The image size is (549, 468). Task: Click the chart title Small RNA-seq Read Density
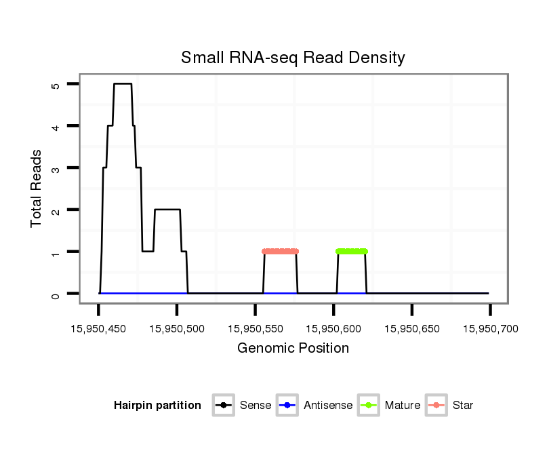(x=293, y=58)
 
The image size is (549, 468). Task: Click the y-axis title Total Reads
(x=37, y=189)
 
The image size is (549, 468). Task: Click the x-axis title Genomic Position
(x=293, y=349)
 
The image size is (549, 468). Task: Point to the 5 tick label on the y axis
(x=56, y=85)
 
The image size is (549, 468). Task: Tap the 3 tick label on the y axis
(x=56, y=168)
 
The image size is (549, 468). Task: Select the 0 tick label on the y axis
(x=56, y=294)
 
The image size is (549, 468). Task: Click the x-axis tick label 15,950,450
(x=99, y=329)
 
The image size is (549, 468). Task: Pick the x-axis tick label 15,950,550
(x=255, y=329)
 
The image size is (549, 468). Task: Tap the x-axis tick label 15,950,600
(x=333, y=329)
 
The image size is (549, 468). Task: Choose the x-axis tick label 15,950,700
(x=490, y=329)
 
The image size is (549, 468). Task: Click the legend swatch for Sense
(x=223, y=406)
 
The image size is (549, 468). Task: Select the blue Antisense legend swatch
(x=287, y=406)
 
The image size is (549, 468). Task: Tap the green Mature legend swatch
(x=369, y=406)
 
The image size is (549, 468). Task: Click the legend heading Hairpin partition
(x=157, y=406)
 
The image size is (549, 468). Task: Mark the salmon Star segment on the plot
(x=280, y=252)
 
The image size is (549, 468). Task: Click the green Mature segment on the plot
(x=352, y=252)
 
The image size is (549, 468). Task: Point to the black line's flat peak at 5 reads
(x=123, y=84)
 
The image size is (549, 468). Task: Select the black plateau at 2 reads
(x=167, y=210)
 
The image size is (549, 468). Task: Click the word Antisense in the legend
(x=328, y=406)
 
